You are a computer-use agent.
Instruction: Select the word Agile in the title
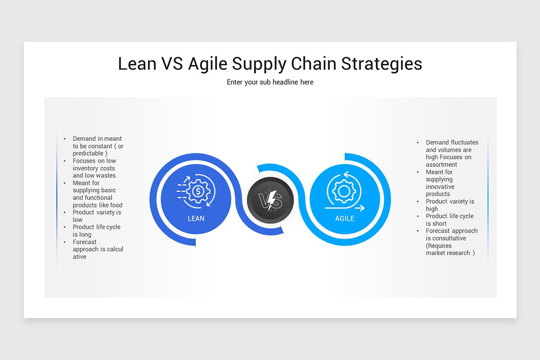(207, 64)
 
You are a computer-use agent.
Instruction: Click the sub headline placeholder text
(270, 82)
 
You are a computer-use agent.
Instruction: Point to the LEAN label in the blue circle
(196, 219)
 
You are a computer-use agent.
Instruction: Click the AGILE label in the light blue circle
(345, 219)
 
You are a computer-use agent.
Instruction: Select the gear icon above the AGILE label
(344, 191)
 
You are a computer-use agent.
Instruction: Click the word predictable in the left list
(88, 153)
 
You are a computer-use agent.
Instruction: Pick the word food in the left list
(116, 205)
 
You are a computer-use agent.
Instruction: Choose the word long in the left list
(85, 234)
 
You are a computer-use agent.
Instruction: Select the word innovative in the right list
(440, 187)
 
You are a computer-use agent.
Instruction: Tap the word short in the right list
(440, 224)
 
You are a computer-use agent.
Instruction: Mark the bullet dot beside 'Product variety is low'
(65, 212)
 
